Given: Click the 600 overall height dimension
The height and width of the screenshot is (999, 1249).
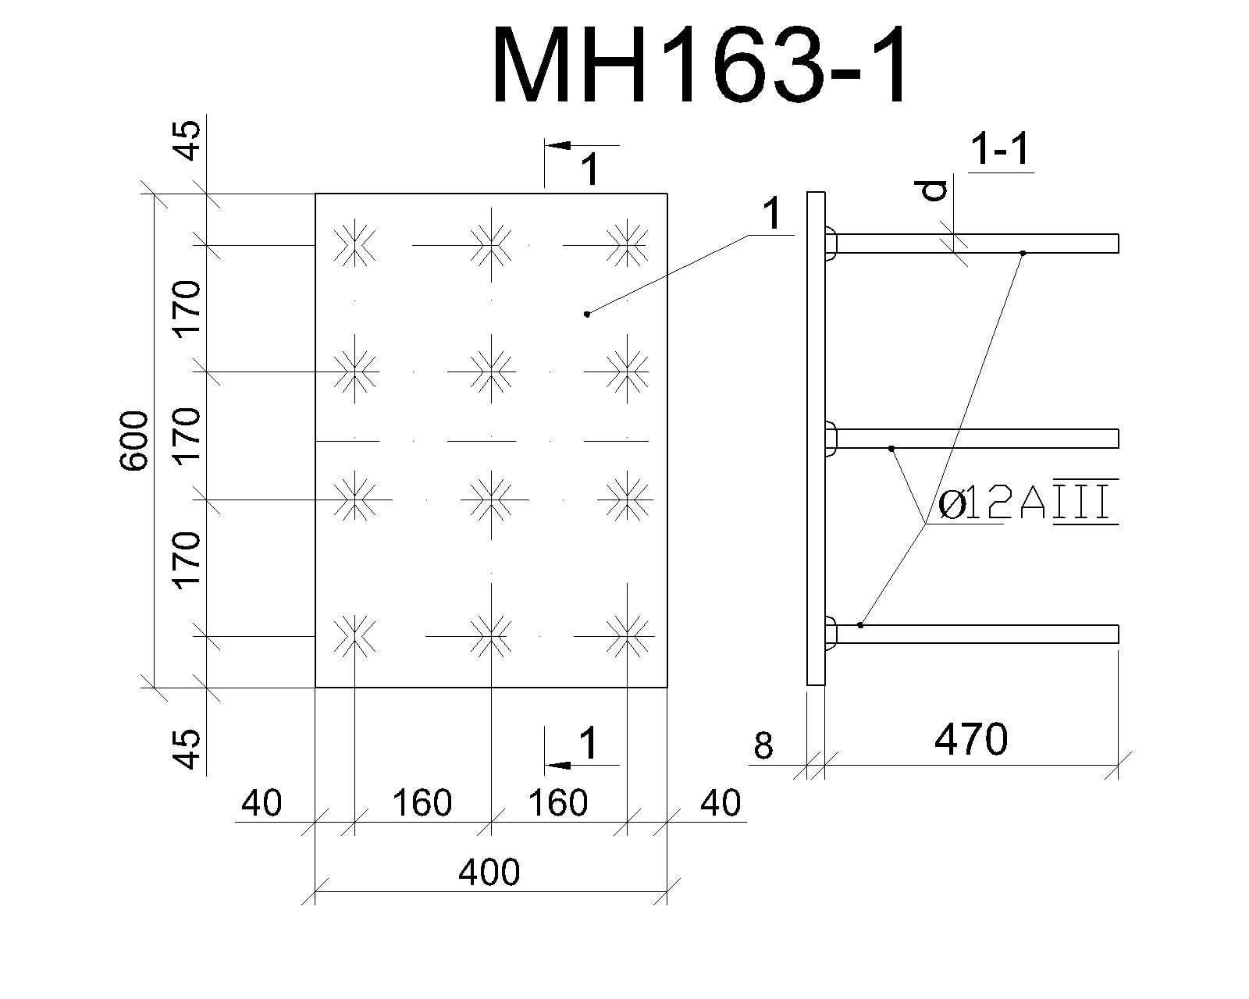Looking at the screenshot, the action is click(x=134, y=441).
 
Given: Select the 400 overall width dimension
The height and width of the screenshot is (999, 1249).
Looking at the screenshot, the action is click(x=489, y=872).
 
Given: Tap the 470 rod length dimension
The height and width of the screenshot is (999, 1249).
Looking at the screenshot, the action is click(x=971, y=740).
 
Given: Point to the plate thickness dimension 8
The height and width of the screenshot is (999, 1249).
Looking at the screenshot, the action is click(x=763, y=745).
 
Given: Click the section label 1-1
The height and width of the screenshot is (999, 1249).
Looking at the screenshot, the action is click(x=1000, y=149).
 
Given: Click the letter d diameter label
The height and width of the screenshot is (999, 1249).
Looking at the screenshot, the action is click(x=934, y=190).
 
